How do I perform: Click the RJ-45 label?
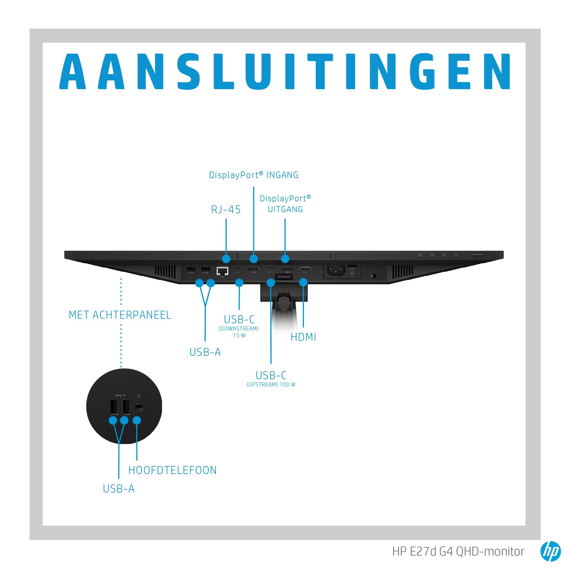(x=226, y=210)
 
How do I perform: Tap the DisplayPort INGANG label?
(x=253, y=175)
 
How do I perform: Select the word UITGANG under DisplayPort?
(x=285, y=209)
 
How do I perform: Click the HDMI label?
(x=303, y=337)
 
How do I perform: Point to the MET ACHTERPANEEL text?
(x=120, y=315)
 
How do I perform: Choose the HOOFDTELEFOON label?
(x=173, y=470)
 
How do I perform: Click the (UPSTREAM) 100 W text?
(x=271, y=385)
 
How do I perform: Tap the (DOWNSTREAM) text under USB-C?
(x=239, y=329)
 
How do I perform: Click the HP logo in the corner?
(x=550, y=551)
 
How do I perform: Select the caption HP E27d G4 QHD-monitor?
(x=458, y=552)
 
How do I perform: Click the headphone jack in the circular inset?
(x=139, y=407)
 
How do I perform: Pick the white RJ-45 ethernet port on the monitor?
(x=223, y=270)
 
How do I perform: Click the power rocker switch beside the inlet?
(x=352, y=270)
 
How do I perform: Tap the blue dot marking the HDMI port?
(x=303, y=283)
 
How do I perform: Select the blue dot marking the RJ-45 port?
(x=226, y=259)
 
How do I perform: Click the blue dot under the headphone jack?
(x=137, y=420)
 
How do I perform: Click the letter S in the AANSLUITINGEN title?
(x=189, y=72)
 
